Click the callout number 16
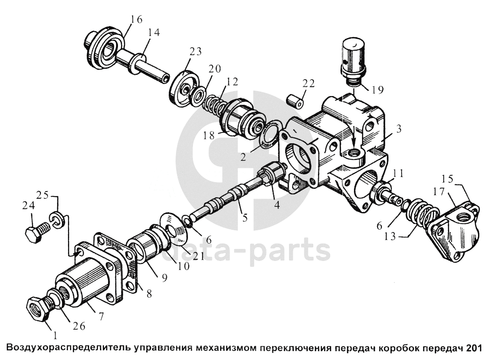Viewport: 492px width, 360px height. [x=136, y=19]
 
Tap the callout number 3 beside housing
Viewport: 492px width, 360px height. [x=399, y=129]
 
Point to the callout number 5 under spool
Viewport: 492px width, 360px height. [x=245, y=218]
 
